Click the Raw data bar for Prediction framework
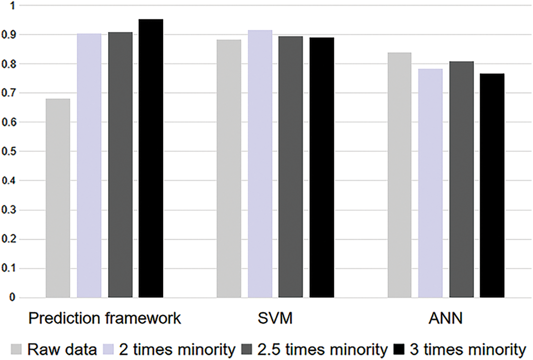(x=58, y=198)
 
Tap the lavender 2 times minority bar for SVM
(x=260, y=164)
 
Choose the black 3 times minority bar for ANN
(x=492, y=185)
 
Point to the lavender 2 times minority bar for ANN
(x=430, y=183)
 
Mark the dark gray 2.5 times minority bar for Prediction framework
(x=120, y=165)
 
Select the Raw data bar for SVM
(x=229, y=168)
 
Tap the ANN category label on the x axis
(x=445, y=319)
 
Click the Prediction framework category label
(x=105, y=319)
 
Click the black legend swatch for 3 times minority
(x=400, y=349)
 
